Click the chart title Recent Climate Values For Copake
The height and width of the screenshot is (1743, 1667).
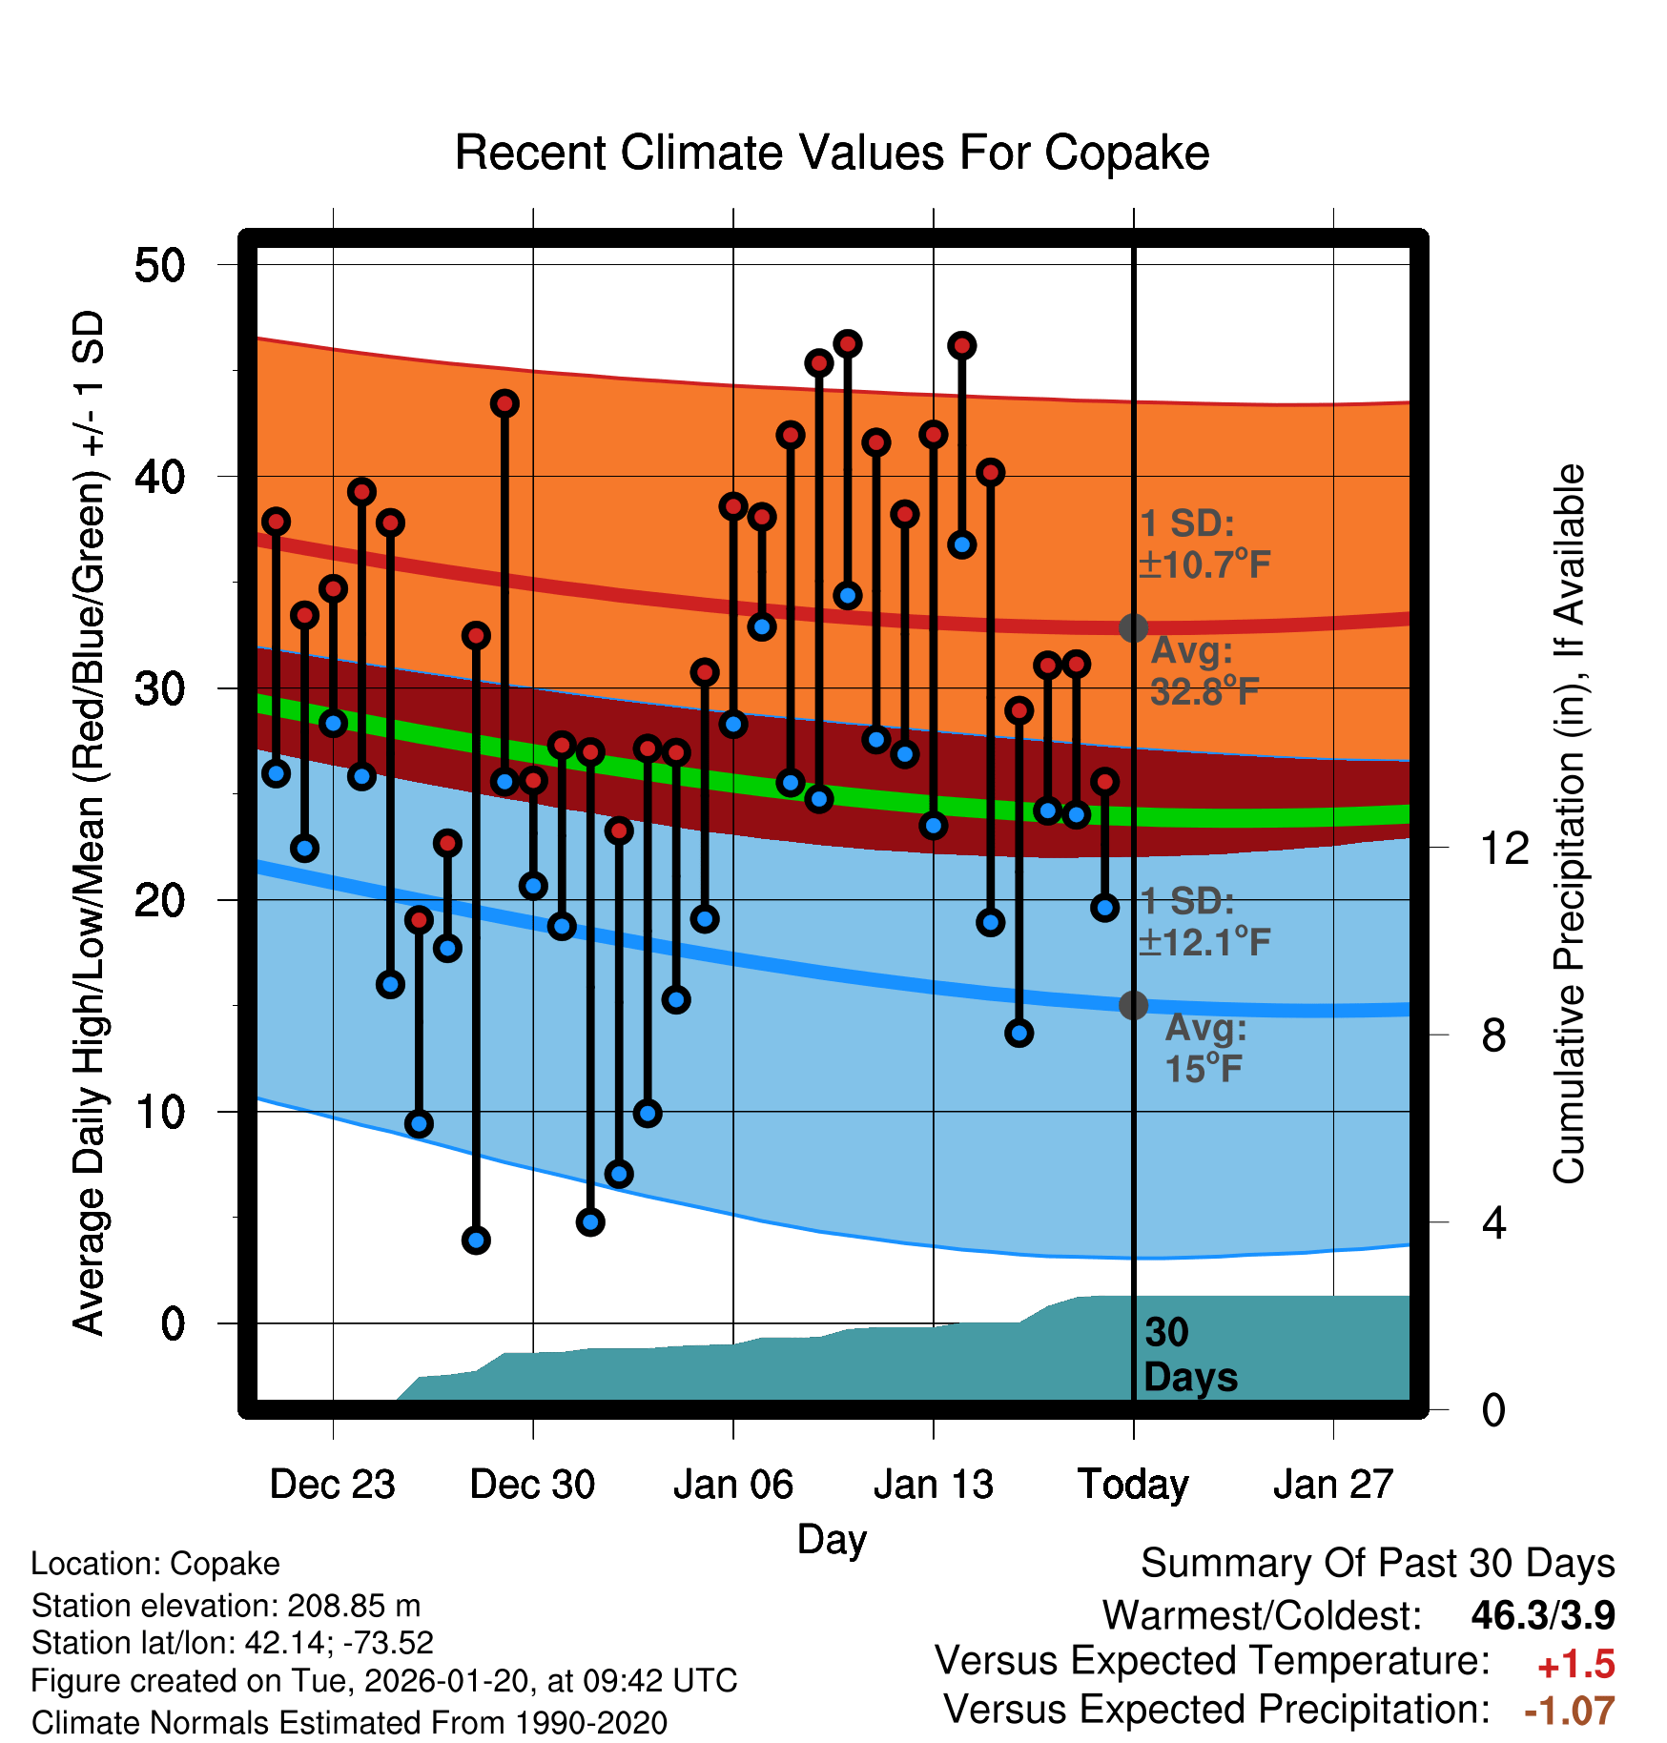coord(832,153)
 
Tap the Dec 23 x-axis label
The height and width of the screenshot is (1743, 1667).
coord(332,1485)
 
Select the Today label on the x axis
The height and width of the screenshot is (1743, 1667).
coord(1133,1485)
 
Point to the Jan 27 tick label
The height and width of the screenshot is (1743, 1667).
coord(1333,1485)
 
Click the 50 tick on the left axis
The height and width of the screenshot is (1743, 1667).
coord(159,265)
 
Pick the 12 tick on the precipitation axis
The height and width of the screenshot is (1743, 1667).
coord(1504,848)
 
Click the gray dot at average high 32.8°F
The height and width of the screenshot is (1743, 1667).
coord(1133,627)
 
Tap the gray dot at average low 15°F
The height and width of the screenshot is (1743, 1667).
coord(1133,1005)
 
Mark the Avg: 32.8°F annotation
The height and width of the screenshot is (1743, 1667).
coord(1204,671)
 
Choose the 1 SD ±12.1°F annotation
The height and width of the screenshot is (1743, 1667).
coord(1204,922)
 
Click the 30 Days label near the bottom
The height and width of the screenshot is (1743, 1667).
coord(1189,1355)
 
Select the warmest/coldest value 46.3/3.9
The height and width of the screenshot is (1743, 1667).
coord(1542,1616)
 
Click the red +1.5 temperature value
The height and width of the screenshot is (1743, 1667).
coord(1575,1665)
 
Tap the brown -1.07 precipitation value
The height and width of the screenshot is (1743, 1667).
coord(1569,1712)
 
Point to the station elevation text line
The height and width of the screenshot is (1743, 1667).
coord(226,1606)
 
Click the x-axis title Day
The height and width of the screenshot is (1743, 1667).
coord(832,1539)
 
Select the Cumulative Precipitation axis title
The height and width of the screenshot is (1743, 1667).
coord(1569,825)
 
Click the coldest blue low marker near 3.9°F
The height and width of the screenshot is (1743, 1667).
coord(476,1241)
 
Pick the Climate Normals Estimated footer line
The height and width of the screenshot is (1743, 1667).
coord(349,1723)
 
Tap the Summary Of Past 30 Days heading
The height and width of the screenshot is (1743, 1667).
coord(1377,1564)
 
